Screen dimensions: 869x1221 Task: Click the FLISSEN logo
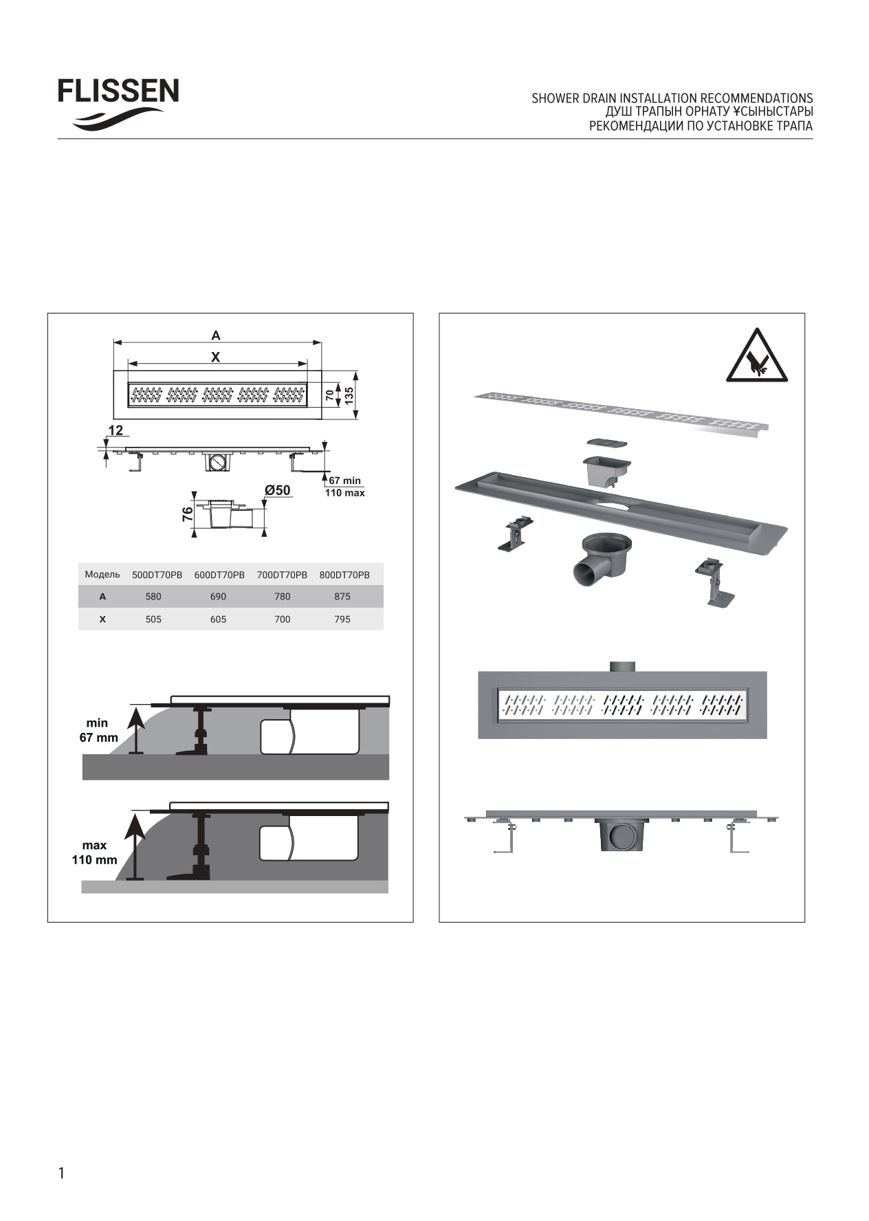click(x=118, y=104)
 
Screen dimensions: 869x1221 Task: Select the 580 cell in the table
click(x=153, y=597)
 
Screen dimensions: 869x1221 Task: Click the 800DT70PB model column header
click(x=344, y=575)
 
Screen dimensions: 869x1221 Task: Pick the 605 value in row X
click(x=218, y=619)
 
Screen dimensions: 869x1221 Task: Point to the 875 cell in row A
click(x=342, y=597)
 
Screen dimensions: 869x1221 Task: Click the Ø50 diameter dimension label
click(x=278, y=490)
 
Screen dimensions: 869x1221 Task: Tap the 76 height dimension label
click(x=187, y=515)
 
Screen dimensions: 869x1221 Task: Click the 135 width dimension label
click(x=349, y=395)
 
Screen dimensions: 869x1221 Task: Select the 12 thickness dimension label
click(x=115, y=430)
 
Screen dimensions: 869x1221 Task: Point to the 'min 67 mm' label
click(x=97, y=730)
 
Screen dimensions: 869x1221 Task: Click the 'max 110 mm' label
click(x=95, y=852)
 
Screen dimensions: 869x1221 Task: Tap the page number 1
click(x=61, y=1172)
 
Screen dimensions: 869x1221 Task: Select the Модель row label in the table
click(x=102, y=574)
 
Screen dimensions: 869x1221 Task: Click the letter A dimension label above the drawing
click(x=216, y=335)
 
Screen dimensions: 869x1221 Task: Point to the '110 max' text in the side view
click(x=345, y=493)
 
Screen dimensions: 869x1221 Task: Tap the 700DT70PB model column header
click(x=282, y=575)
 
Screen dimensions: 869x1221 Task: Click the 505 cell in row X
click(x=153, y=619)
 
